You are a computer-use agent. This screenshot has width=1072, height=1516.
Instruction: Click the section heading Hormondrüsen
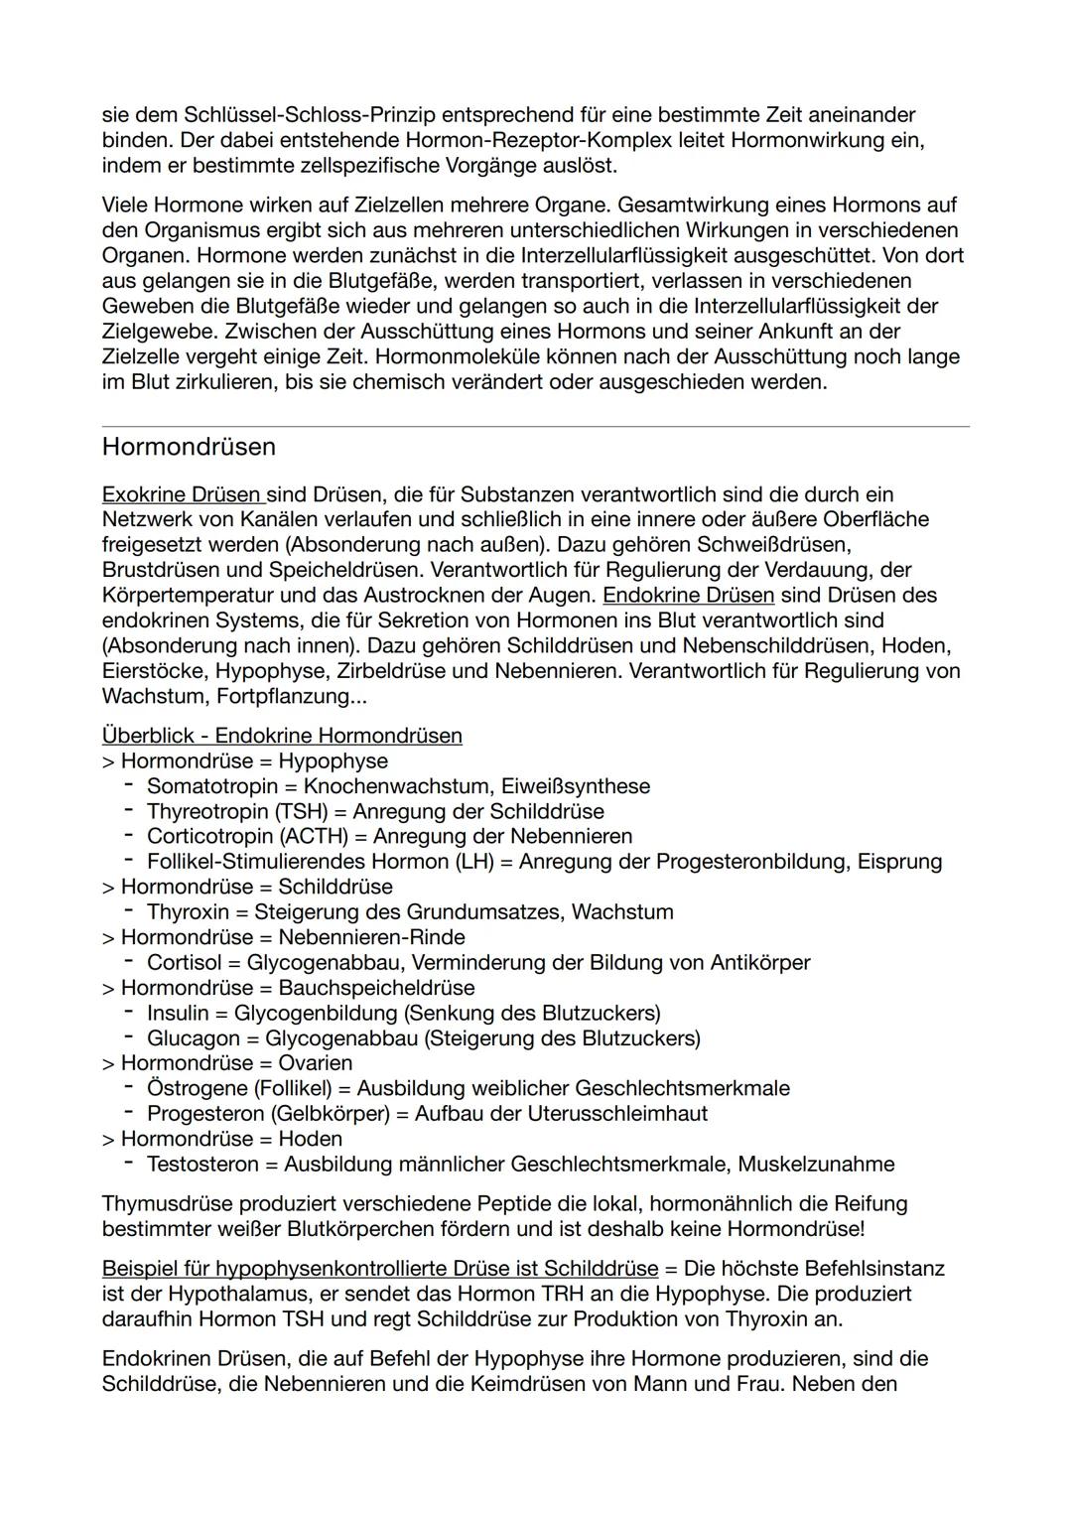coord(189,447)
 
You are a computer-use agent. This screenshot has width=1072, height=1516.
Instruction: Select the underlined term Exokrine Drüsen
coord(182,494)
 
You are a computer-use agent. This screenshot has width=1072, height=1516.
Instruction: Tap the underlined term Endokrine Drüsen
coord(688,596)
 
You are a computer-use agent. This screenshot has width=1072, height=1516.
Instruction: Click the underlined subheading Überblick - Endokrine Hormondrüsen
coord(282,736)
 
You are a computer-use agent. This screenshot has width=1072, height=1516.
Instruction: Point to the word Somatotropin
coord(212,786)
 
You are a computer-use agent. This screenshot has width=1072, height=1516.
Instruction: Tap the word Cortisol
coord(184,963)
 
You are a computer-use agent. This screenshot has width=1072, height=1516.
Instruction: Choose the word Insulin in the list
coord(178,1014)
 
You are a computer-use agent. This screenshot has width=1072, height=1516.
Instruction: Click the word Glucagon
coord(194,1038)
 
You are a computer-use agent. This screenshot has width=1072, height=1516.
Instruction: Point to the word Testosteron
coord(202,1165)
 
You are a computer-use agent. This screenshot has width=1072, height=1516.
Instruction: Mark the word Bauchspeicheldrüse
coord(376,988)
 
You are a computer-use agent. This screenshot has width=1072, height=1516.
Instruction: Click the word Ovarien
coord(315,1063)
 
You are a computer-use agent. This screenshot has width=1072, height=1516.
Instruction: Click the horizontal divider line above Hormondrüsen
coord(536,427)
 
